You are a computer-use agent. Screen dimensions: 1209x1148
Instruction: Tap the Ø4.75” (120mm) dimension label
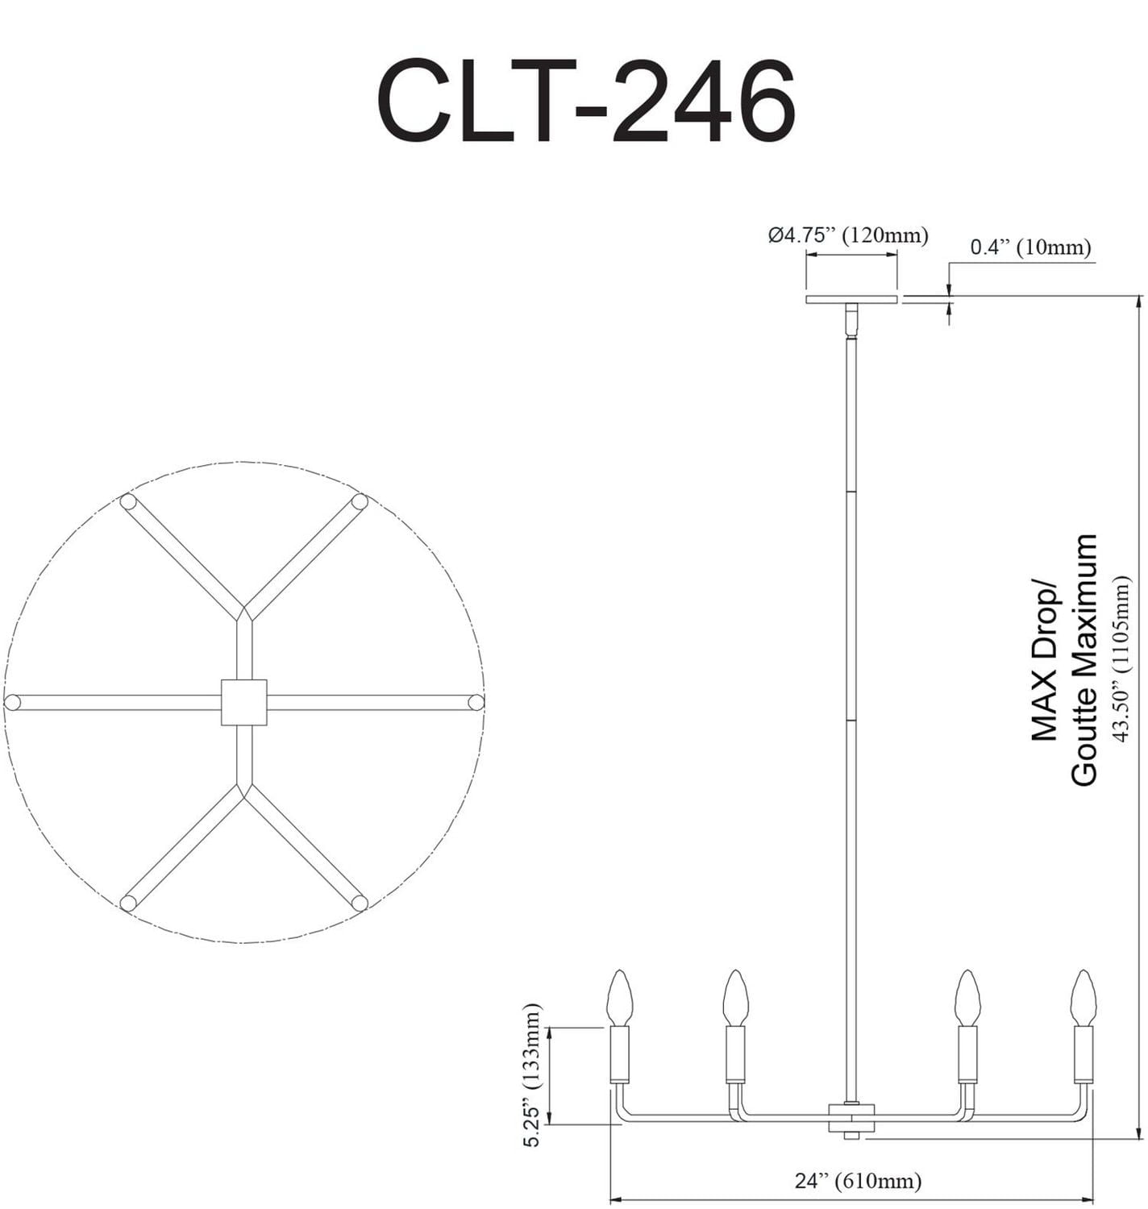click(847, 235)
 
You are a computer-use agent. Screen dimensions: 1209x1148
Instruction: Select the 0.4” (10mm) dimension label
click(1029, 247)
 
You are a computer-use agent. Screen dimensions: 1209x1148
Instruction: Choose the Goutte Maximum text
click(1084, 659)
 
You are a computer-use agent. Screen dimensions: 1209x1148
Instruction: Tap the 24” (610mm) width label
click(857, 1181)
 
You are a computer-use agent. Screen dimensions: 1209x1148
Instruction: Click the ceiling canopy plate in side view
click(851, 300)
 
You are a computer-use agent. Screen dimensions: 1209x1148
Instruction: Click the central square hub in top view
click(243, 702)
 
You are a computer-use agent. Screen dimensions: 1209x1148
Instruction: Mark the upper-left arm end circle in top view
click(127, 501)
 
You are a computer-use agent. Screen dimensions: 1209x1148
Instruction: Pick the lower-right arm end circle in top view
click(360, 902)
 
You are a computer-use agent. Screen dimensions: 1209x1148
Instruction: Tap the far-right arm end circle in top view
click(476, 702)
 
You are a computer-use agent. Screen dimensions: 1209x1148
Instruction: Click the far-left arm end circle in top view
click(12, 702)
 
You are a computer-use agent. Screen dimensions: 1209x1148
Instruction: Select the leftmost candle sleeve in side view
click(619, 1054)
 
